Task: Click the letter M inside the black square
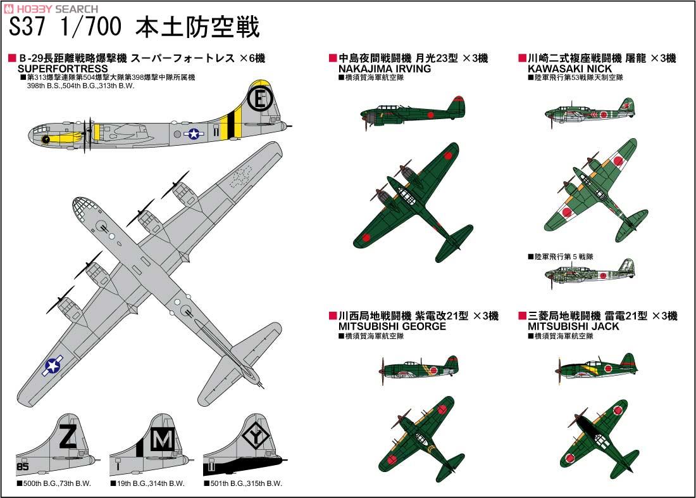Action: (x=163, y=438)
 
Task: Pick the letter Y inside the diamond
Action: (x=256, y=437)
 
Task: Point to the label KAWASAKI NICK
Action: (x=570, y=68)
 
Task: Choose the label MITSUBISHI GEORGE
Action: (x=392, y=326)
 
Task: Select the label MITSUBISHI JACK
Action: (x=574, y=326)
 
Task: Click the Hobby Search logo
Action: (x=51, y=9)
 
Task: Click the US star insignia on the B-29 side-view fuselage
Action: (x=193, y=134)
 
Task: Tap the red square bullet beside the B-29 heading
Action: (x=11, y=59)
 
